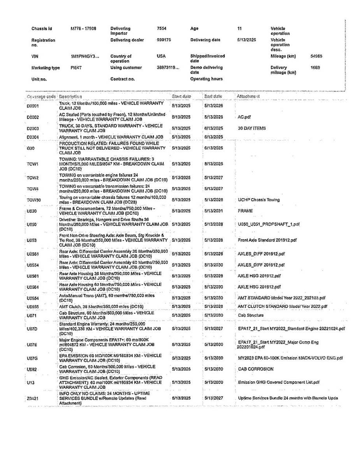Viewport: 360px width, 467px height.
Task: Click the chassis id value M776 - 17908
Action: click(83, 28)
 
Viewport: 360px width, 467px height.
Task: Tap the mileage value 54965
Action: click(316, 56)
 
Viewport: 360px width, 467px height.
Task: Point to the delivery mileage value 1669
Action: click(315, 68)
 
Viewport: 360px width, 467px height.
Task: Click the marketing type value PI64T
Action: click(76, 68)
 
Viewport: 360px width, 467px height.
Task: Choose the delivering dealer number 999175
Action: click(164, 40)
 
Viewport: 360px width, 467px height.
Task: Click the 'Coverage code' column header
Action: click(41, 96)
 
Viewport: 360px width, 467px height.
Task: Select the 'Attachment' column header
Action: click(248, 96)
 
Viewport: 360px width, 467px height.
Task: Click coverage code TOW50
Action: click(34, 200)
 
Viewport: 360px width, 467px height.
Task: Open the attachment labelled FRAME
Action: click(245, 211)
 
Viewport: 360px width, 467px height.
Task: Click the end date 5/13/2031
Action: click(213, 211)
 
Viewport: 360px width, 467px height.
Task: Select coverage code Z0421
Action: click(34, 398)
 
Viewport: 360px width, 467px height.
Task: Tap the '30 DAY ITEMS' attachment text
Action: click(252, 128)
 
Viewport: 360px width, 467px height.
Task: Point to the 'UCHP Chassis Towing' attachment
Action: click(259, 200)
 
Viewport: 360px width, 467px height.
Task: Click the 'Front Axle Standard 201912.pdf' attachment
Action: click(267, 240)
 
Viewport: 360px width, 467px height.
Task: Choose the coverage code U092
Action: click(32, 369)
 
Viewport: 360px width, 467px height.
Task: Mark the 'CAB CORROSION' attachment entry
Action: click(256, 369)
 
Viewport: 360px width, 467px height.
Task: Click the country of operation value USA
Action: click(161, 56)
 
